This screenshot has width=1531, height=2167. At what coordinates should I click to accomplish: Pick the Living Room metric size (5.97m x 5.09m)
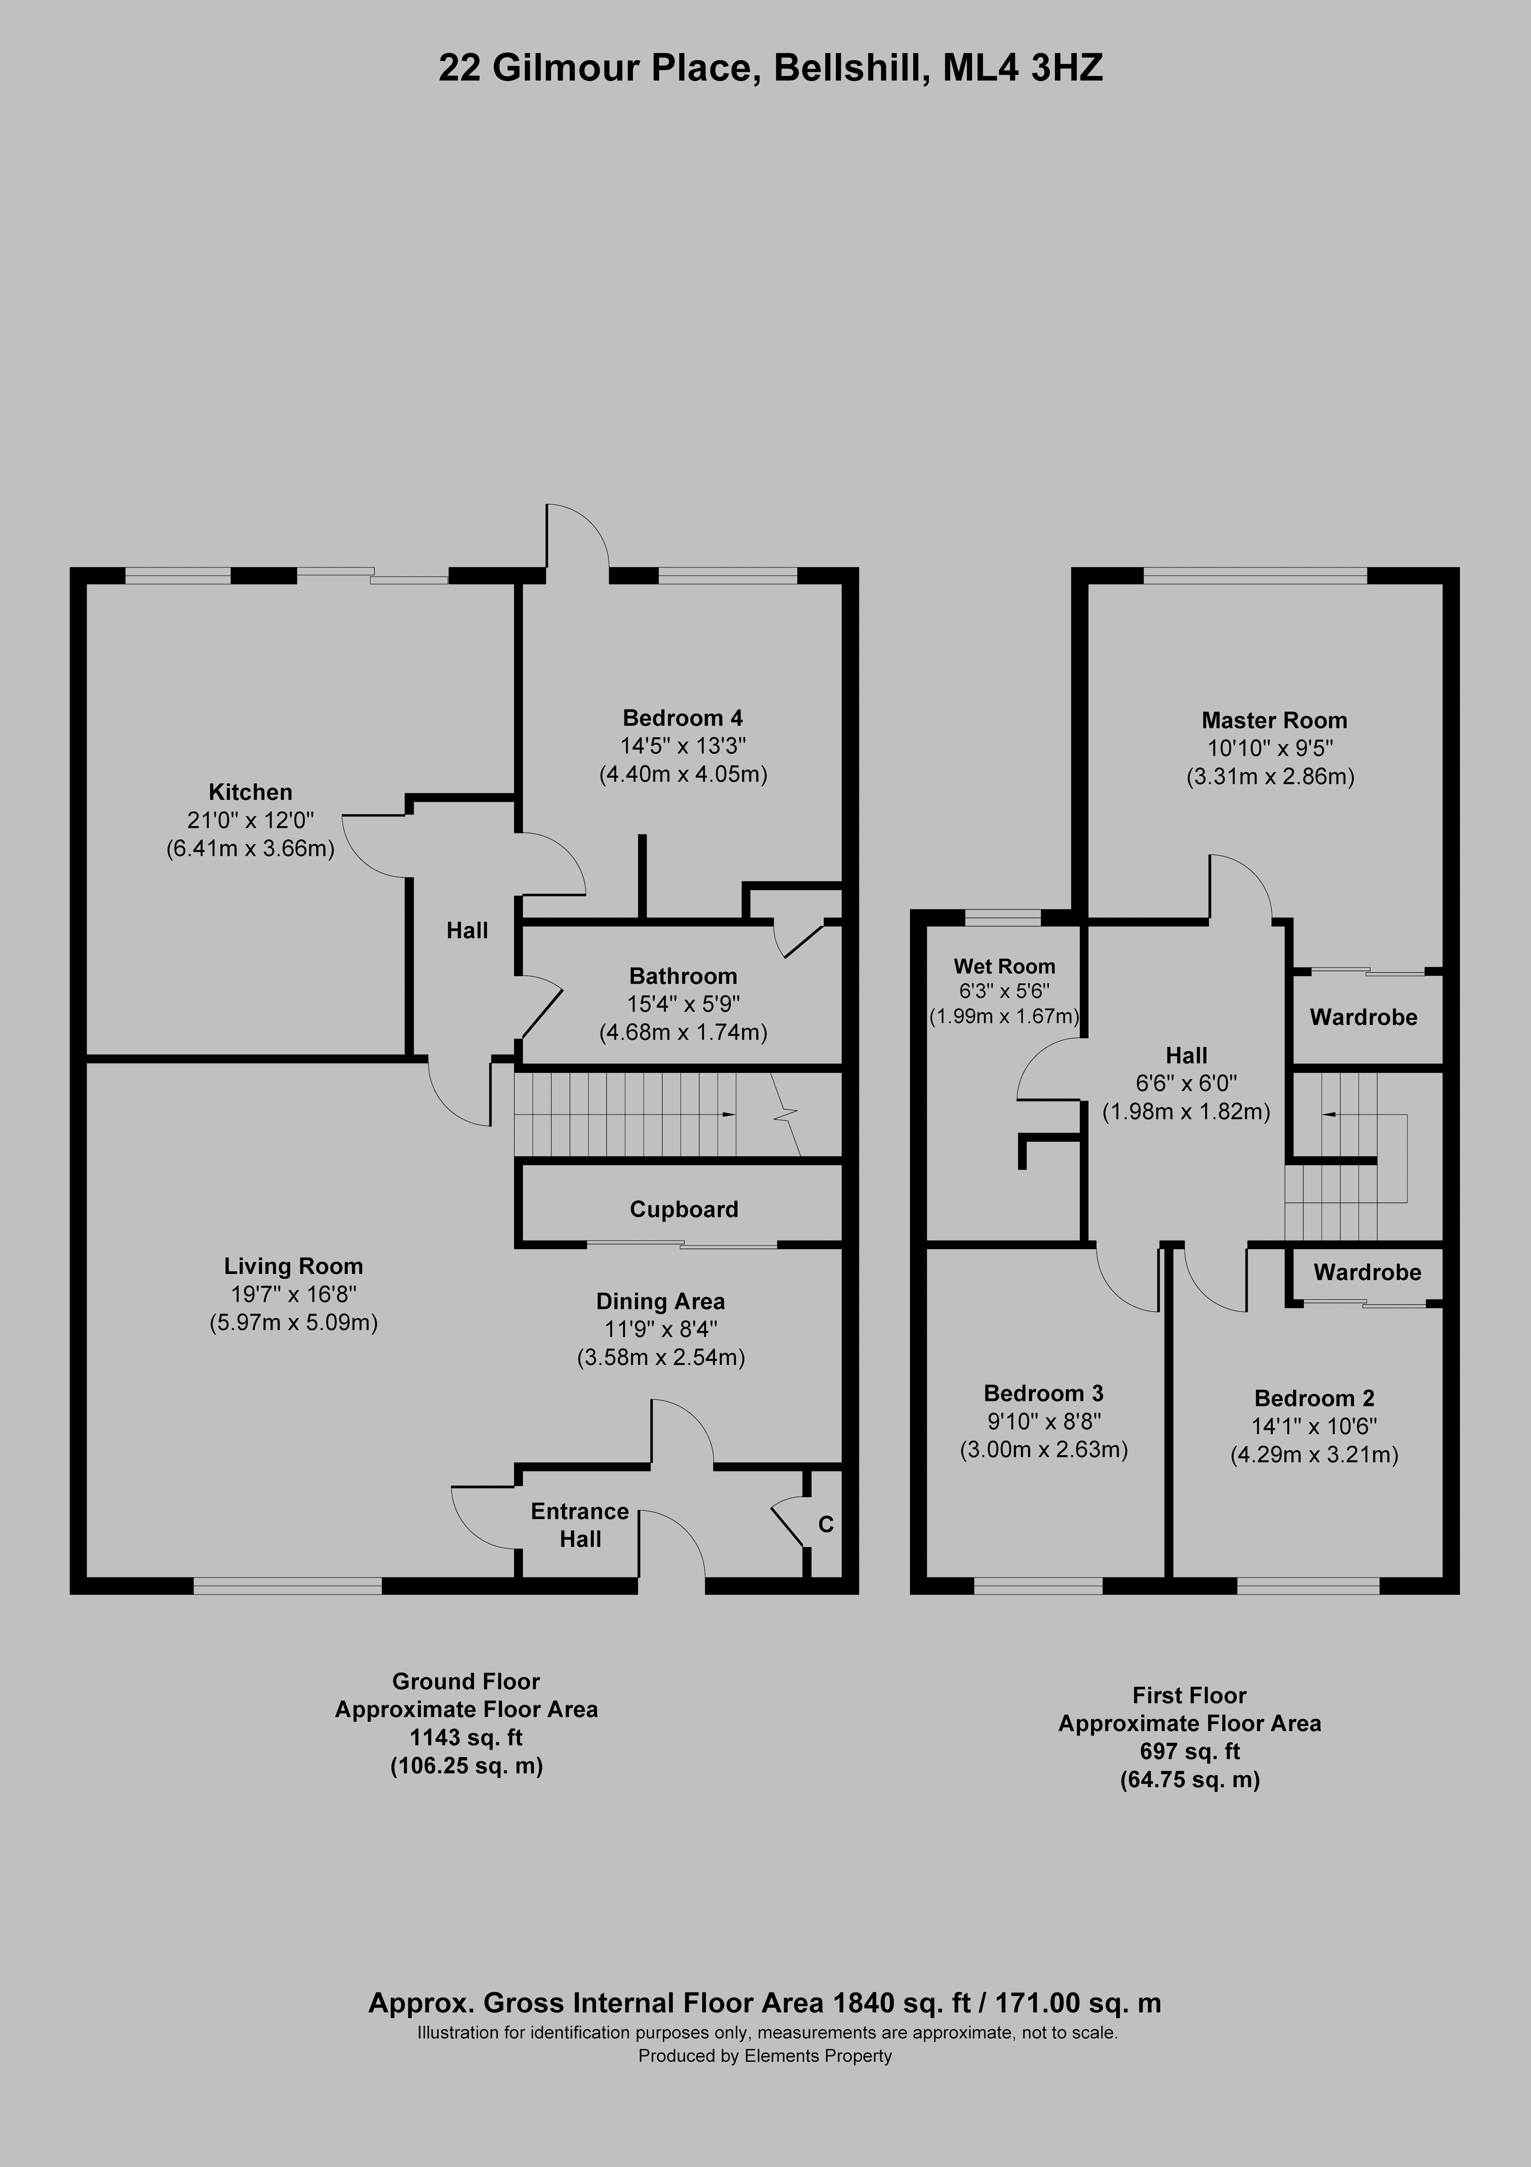coord(294,1322)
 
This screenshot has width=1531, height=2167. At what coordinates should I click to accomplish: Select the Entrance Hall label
coord(580,1525)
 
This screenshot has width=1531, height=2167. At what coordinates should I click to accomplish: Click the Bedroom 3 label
coord(1043,1393)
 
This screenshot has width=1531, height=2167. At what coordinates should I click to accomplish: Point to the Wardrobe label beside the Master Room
coord(1363,1018)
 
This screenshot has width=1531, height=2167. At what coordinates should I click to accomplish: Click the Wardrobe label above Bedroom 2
coord(1367,1272)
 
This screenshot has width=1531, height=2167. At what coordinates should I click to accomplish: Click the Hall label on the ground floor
coord(467,931)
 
